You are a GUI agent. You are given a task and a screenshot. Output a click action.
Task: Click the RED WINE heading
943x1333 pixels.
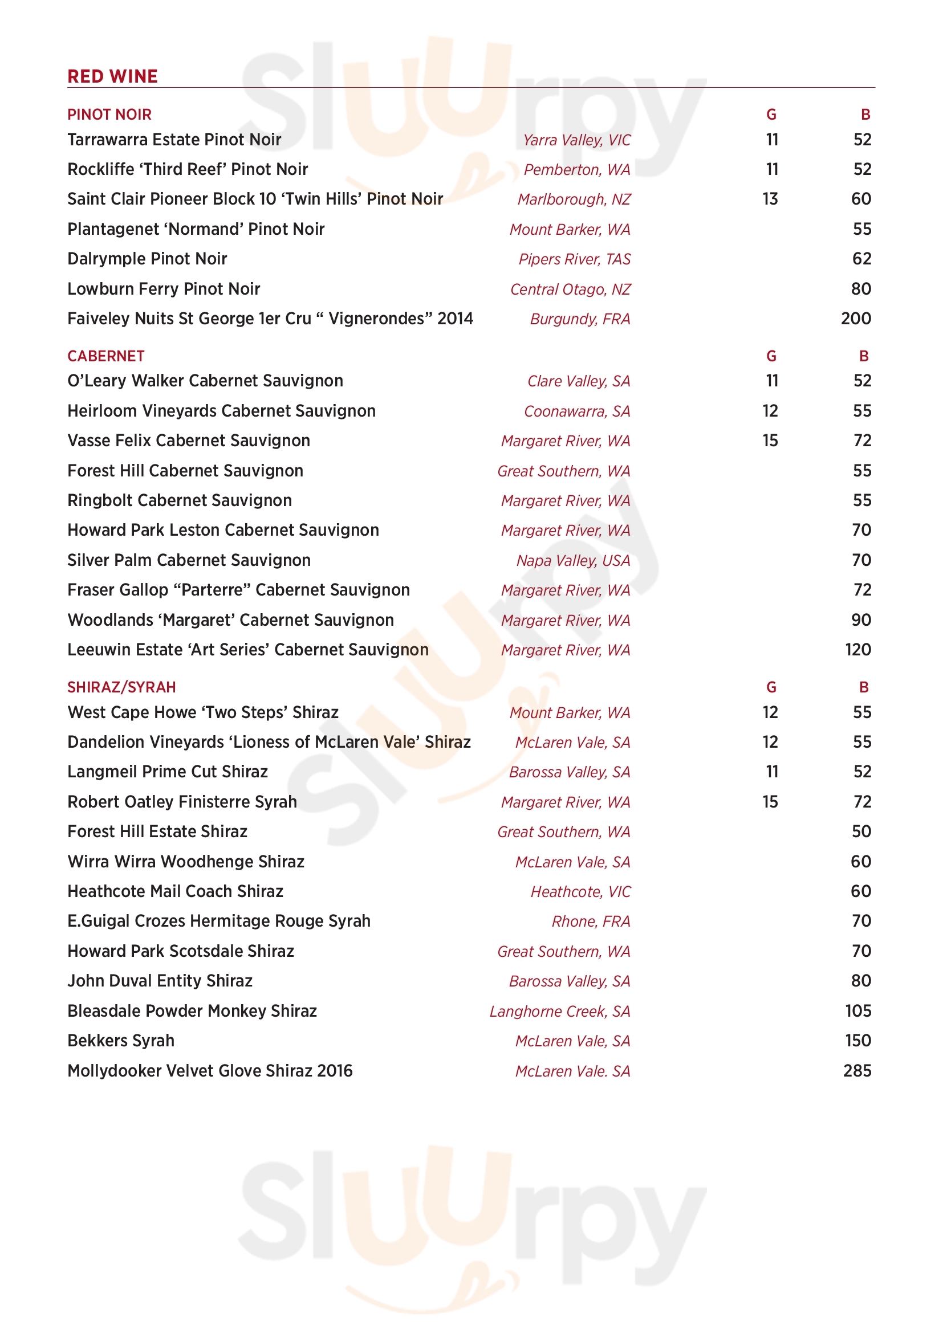(x=113, y=76)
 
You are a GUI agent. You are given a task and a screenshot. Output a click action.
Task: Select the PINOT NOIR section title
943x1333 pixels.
(x=109, y=115)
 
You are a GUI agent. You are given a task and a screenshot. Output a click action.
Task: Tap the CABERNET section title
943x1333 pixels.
(x=105, y=356)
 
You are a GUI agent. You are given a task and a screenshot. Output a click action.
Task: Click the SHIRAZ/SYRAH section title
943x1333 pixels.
(x=121, y=687)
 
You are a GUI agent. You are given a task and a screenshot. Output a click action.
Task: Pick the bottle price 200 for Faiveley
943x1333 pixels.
(x=856, y=319)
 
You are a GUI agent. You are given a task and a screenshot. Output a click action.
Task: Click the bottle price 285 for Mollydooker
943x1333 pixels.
(x=857, y=1071)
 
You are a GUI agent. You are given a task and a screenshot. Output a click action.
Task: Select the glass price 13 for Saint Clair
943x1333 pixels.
(x=770, y=199)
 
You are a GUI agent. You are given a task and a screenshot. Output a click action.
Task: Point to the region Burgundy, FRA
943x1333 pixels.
(x=579, y=319)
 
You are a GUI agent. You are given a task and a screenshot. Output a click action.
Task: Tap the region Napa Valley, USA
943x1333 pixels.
(x=573, y=561)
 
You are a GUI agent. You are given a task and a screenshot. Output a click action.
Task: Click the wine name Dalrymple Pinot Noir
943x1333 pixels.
(x=147, y=259)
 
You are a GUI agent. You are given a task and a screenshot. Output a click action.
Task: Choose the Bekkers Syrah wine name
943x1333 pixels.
(x=121, y=1041)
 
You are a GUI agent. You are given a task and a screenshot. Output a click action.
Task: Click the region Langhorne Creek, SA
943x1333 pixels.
(x=559, y=1012)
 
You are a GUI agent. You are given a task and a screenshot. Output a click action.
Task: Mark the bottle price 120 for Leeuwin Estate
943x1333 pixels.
(x=857, y=650)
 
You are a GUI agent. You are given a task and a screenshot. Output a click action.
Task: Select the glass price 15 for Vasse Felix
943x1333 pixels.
(x=770, y=441)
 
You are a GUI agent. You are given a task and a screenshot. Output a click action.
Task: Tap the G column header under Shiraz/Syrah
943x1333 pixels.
(x=771, y=687)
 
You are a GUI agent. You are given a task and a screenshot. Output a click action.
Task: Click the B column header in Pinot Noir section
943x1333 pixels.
(x=865, y=115)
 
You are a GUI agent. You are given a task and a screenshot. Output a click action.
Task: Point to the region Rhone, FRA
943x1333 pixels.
(x=591, y=922)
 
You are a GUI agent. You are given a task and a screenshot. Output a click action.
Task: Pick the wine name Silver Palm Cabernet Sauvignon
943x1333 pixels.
(x=189, y=560)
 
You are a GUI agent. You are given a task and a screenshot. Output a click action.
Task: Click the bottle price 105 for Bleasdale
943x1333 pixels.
(x=857, y=1011)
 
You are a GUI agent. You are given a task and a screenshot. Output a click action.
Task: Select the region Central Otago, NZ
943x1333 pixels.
(x=570, y=289)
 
